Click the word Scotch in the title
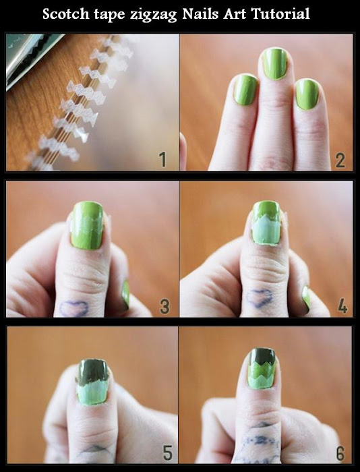click(67, 14)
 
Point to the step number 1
click(162, 160)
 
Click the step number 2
click(340, 160)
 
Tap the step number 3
click(164, 307)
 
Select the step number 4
click(342, 307)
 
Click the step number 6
click(342, 451)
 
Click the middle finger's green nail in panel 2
click(274, 64)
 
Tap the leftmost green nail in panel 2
click(245, 89)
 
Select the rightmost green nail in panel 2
click(307, 94)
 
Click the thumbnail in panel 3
click(87, 226)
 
